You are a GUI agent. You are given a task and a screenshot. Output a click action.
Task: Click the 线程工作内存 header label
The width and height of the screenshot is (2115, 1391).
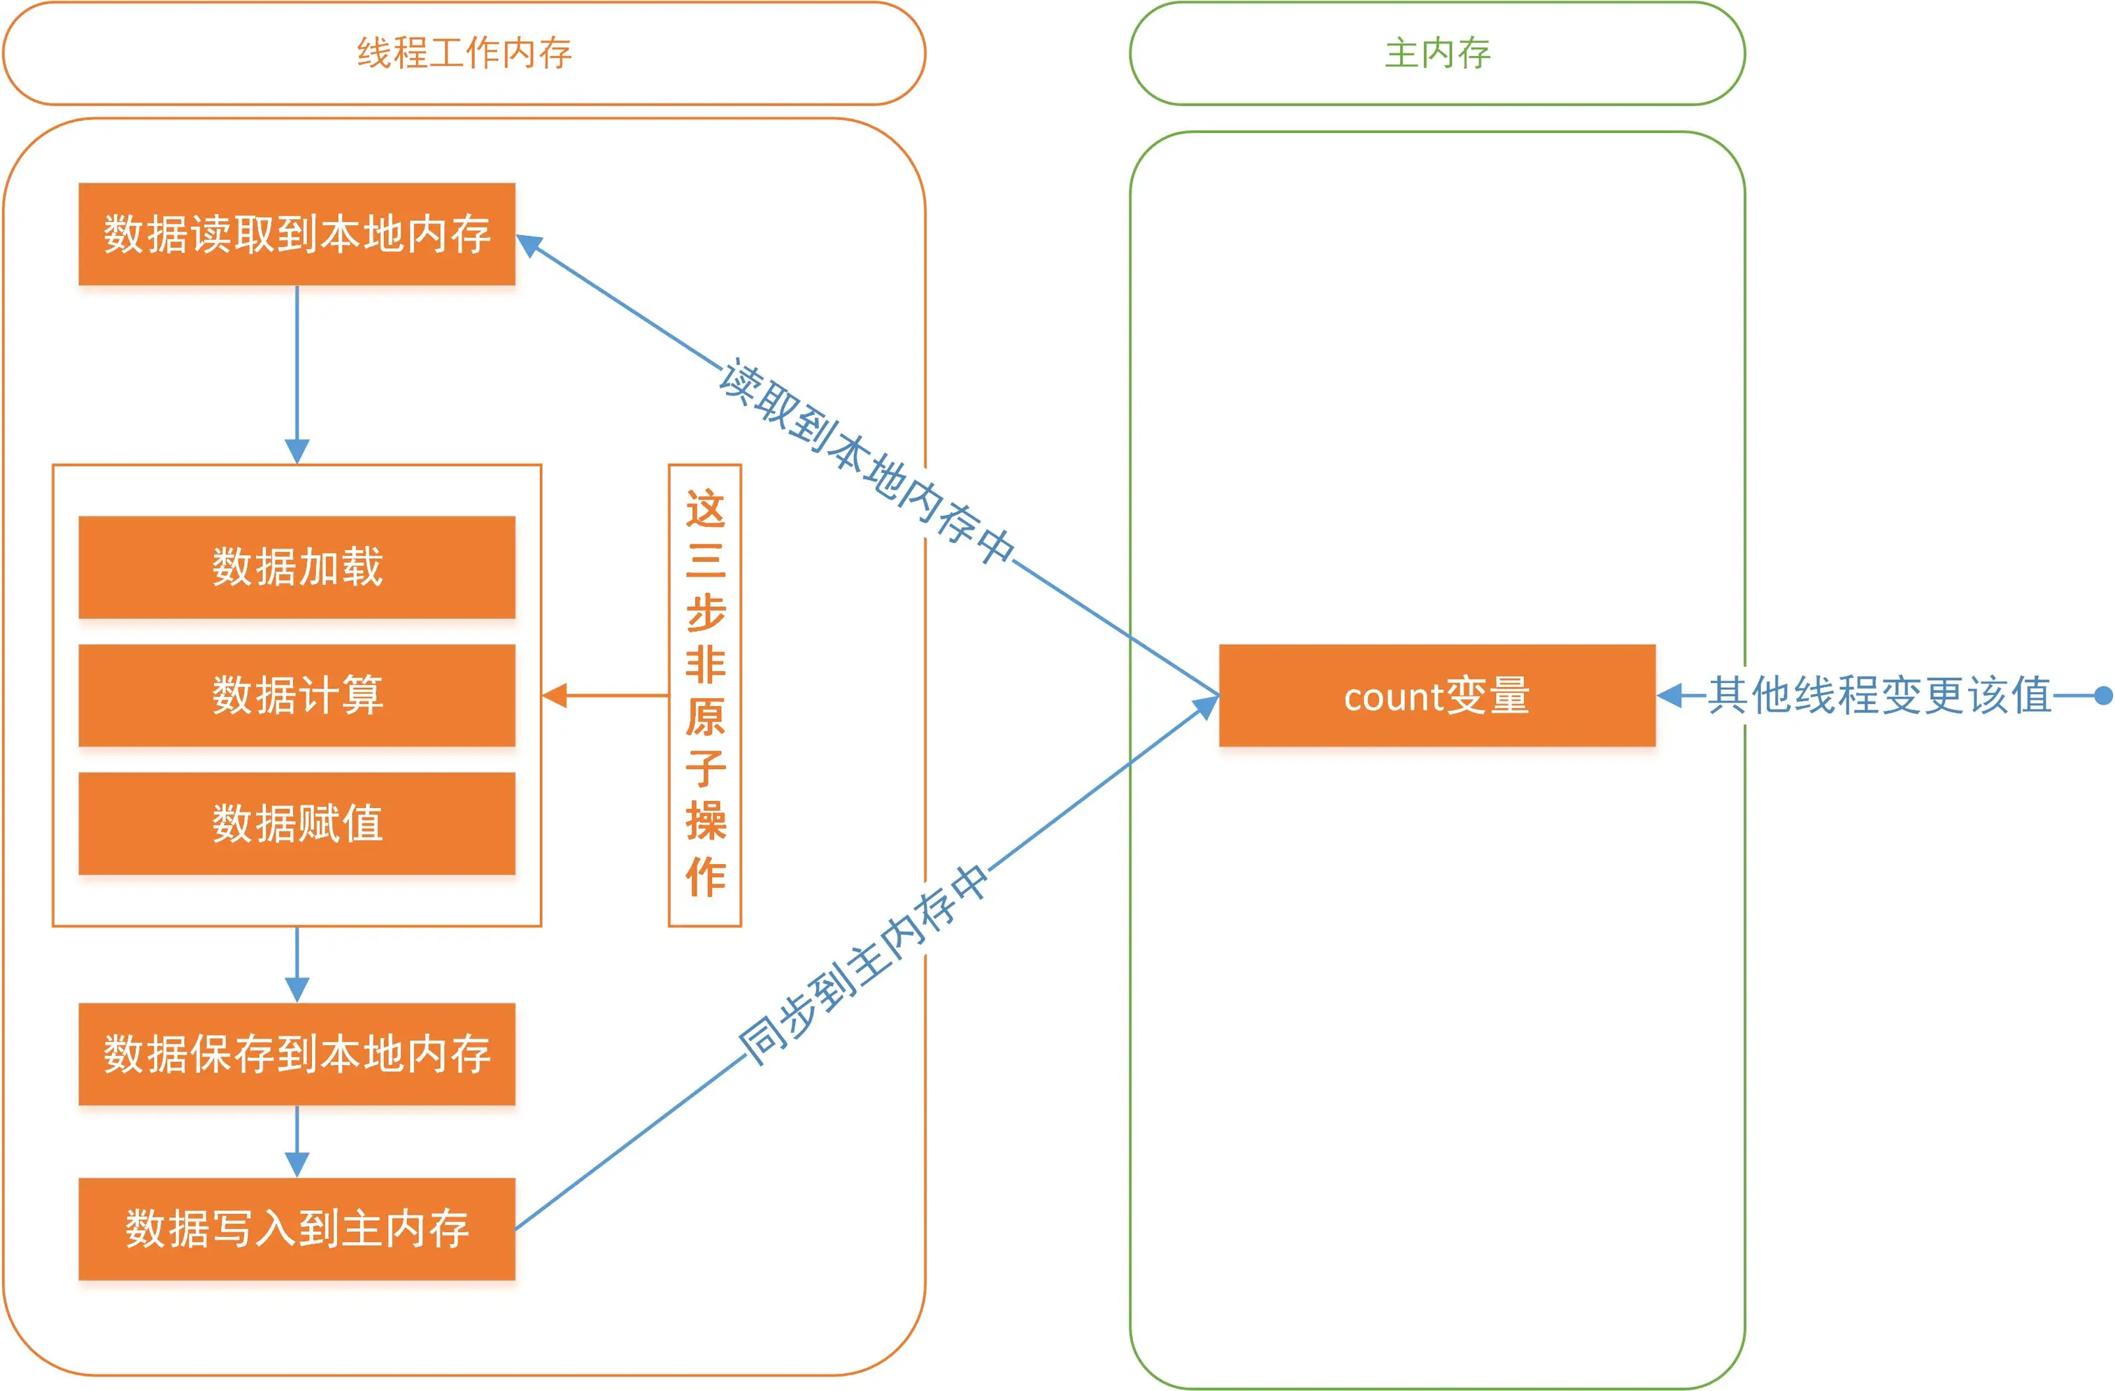click(x=464, y=53)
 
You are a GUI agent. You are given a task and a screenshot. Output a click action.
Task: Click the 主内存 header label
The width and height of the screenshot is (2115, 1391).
click(x=1437, y=53)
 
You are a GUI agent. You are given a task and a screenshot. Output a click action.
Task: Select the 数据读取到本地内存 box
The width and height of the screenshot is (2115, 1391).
click(x=297, y=234)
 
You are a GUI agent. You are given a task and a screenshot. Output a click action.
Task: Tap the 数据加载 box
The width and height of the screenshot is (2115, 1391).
click(x=297, y=567)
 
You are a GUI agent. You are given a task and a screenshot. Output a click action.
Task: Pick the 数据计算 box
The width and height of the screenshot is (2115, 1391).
click(x=297, y=695)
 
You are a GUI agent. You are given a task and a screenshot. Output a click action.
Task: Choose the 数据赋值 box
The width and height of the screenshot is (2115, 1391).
click(x=297, y=823)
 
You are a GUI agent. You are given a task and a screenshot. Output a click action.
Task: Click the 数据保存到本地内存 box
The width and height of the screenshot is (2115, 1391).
click(x=297, y=1054)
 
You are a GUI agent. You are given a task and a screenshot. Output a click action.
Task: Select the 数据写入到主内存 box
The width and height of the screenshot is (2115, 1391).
click(x=297, y=1229)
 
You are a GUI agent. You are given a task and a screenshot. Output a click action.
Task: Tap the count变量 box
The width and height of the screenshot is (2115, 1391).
click(x=1437, y=695)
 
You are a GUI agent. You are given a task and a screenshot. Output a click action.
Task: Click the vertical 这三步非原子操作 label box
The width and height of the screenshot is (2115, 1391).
click(x=705, y=695)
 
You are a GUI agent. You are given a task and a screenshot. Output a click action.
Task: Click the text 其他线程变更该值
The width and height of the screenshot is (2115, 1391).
click(x=1879, y=695)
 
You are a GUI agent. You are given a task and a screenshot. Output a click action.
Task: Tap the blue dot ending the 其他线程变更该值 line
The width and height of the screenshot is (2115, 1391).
click(x=2103, y=695)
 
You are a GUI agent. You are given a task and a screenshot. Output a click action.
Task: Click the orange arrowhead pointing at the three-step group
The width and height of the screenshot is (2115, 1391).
click(x=555, y=695)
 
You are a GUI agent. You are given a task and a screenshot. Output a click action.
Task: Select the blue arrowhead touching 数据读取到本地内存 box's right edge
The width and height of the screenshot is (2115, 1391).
click(x=529, y=243)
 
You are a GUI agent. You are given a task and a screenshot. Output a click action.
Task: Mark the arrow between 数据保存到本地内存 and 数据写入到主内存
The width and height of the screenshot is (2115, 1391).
click(x=297, y=1142)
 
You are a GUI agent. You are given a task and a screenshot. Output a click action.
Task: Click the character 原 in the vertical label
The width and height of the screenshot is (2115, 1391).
click(x=705, y=716)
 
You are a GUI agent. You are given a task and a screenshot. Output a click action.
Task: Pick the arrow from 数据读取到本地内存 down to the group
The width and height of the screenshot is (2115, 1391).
click(x=297, y=374)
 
